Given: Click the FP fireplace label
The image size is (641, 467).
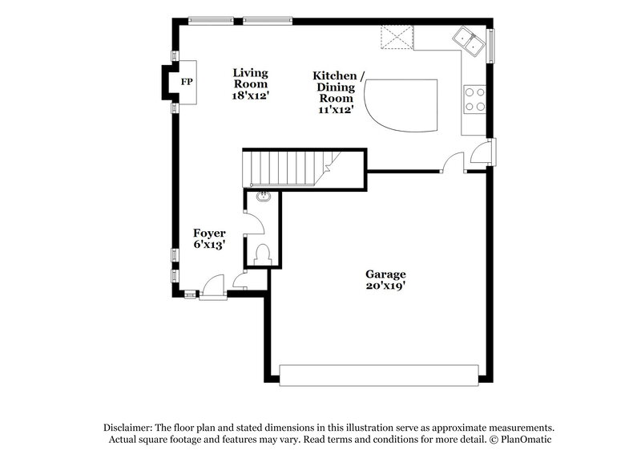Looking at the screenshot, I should pyautogui.click(x=186, y=83).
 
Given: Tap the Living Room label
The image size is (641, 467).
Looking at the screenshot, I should pyautogui.click(x=250, y=78).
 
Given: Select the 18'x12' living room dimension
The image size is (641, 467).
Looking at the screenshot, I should pyautogui.click(x=250, y=95).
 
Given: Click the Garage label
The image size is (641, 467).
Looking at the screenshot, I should pyautogui.click(x=387, y=274).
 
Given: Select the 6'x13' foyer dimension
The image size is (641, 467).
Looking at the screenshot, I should pyautogui.click(x=209, y=245).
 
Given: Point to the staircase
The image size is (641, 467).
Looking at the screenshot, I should pyautogui.click(x=288, y=169).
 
